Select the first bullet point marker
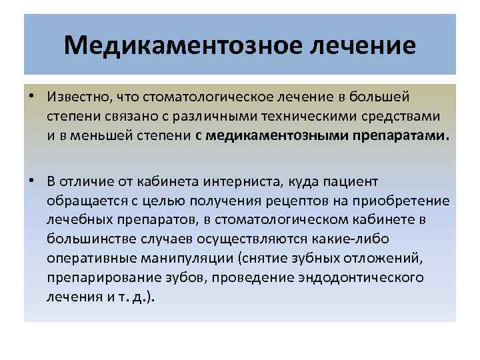coord(32,97)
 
